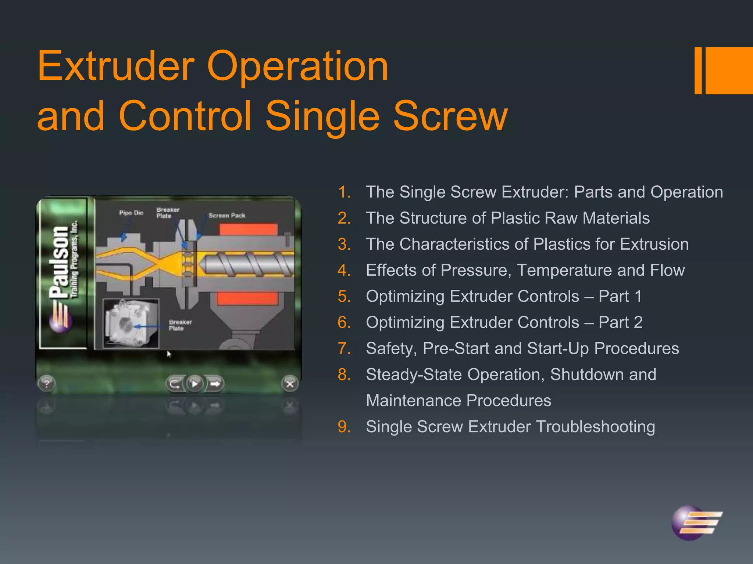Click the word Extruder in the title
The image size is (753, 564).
[116, 66]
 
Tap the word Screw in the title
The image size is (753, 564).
[450, 116]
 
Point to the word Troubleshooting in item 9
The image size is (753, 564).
[595, 427]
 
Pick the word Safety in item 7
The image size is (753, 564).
[391, 349]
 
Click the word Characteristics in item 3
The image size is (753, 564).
[463, 245]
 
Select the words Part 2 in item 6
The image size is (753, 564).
[621, 323]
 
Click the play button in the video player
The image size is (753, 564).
[195, 384]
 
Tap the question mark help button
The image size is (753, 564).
[47, 384]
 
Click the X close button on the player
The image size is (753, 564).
[290, 384]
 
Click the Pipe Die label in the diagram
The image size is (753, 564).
[131, 213]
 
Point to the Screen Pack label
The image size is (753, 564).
[227, 216]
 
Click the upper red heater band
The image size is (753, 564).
[249, 230]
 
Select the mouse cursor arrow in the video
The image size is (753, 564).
[169, 354]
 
